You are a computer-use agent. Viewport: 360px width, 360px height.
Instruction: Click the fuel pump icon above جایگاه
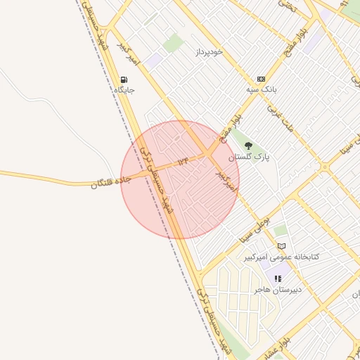[x=124, y=79]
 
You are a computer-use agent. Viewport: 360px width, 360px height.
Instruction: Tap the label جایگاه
[x=124, y=90]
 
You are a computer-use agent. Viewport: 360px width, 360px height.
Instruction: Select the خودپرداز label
[x=209, y=52]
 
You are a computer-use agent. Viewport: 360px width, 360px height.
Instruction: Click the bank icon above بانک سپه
[x=262, y=79]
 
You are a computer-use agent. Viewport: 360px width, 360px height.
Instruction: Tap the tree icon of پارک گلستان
[x=247, y=146]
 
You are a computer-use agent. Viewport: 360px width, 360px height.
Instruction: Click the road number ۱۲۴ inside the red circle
[x=184, y=162]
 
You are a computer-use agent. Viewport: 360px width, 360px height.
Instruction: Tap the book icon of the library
[x=281, y=246]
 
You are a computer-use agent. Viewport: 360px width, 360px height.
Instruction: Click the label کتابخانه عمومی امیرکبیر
[x=281, y=257]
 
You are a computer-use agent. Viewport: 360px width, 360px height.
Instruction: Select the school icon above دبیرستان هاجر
[x=278, y=278]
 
